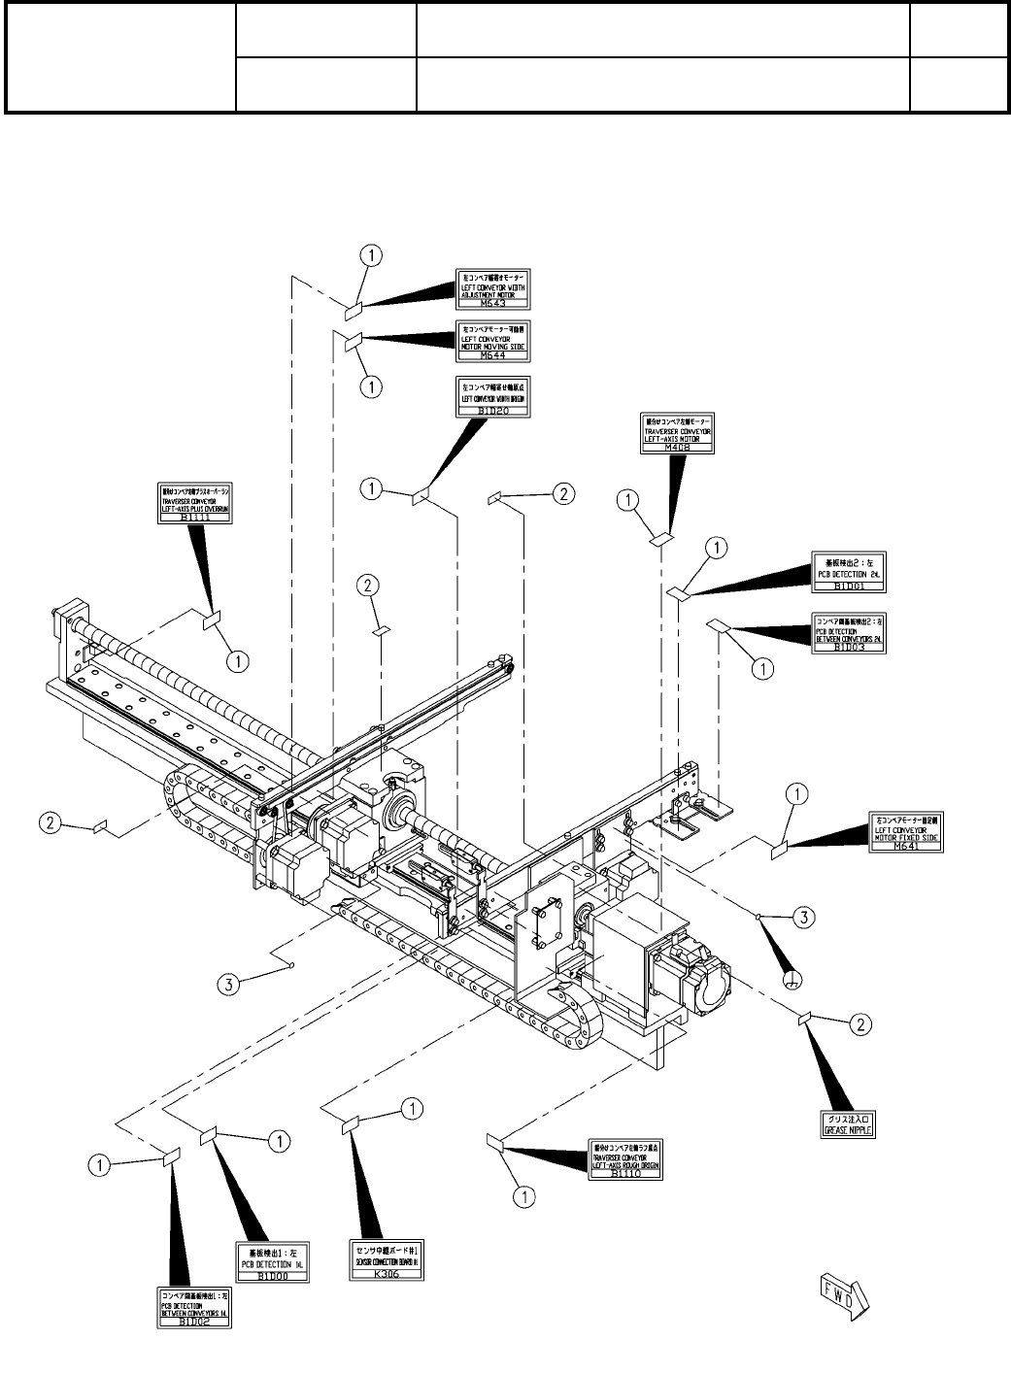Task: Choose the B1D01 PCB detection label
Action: click(851, 573)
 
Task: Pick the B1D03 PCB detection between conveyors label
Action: click(851, 633)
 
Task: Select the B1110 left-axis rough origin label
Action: click(626, 1159)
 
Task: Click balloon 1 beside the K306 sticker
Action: click(412, 1107)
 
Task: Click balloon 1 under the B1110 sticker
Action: click(524, 1196)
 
